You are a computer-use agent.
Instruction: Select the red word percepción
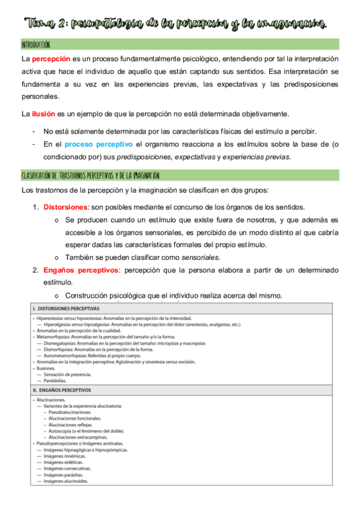click(x=51, y=59)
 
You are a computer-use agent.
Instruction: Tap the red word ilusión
click(x=44, y=114)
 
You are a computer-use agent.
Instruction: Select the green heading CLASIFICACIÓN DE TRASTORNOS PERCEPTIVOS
click(x=90, y=176)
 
